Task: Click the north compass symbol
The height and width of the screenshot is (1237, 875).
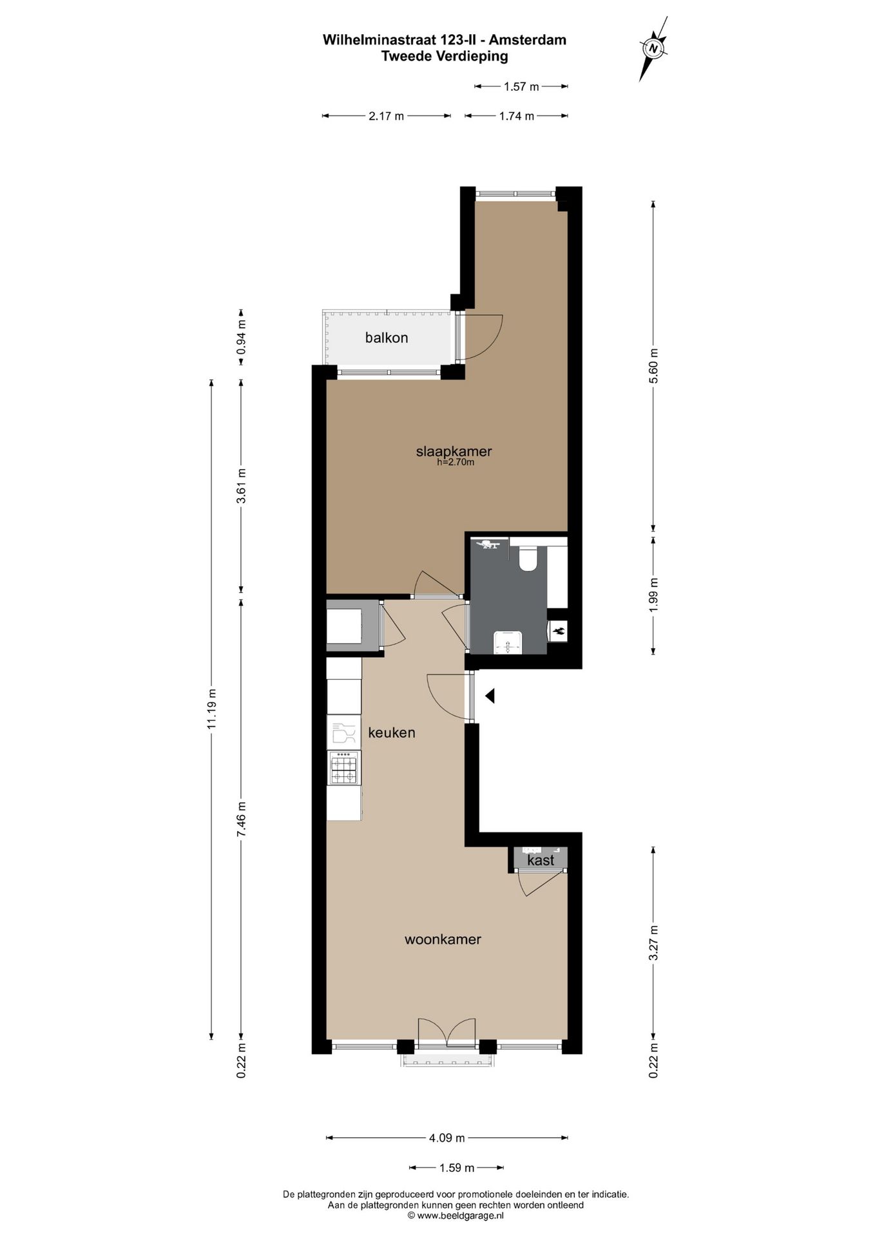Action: (653, 48)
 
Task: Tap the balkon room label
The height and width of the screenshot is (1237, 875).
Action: (387, 338)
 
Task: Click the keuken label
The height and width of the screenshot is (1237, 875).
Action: (392, 733)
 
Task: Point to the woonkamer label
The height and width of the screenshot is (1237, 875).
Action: (443, 939)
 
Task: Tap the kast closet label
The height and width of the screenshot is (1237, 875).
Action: (541, 860)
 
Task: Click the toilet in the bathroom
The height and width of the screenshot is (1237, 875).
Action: (528, 559)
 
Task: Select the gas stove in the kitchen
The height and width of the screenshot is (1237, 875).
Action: (343, 768)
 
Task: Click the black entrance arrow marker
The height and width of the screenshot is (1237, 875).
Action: (490, 696)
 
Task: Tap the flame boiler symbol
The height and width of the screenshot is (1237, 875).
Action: (558, 631)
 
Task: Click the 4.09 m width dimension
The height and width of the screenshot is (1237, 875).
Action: (447, 1138)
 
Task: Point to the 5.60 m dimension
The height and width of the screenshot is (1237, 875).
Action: (654, 366)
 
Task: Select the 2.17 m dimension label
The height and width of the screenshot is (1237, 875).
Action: (387, 116)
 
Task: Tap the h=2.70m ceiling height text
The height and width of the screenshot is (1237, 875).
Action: (456, 462)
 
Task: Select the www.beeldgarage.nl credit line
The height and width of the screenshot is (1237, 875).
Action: (456, 1216)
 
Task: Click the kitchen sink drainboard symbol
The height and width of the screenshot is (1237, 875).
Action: (343, 733)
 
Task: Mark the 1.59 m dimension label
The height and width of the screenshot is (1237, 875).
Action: (457, 1167)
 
